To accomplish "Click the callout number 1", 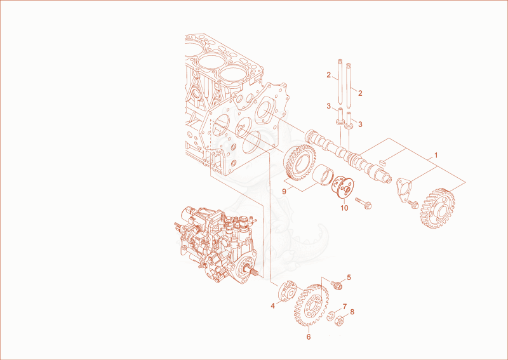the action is (x=436, y=155).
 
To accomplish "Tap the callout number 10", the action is (x=344, y=208).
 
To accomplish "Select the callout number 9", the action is (x=284, y=192).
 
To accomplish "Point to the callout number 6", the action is (x=309, y=337).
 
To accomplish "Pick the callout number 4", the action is (x=273, y=305).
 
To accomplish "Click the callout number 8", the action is (x=352, y=312).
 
